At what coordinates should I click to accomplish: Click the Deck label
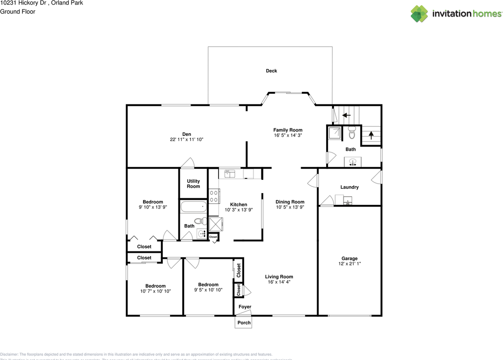click(x=271, y=71)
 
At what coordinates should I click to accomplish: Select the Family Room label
click(x=288, y=130)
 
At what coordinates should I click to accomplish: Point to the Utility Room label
click(x=193, y=184)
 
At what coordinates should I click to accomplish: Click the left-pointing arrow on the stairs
click(x=346, y=115)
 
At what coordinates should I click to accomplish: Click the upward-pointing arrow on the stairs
click(x=371, y=135)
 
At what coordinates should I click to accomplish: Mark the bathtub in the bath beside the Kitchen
click(x=193, y=206)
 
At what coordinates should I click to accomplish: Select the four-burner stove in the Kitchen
click(x=214, y=196)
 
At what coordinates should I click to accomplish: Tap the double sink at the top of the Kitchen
click(x=229, y=173)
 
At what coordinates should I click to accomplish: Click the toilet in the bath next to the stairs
click(x=352, y=134)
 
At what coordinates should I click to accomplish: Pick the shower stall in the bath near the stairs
click(x=334, y=133)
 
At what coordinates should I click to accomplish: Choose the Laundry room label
click(x=349, y=187)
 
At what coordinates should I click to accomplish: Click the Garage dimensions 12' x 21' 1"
click(x=349, y=264)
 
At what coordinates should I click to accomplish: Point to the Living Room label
click(x=279, y=277)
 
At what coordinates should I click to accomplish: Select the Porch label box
click(x=244, y=323)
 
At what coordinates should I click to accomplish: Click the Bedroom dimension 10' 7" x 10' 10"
click(x=155, y=291)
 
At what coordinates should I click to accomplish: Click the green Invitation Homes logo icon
click(x=419, y=13)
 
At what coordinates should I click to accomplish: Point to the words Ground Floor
click(x=18, y=12)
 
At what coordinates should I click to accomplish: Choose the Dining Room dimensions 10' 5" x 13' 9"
click(x=290, y=207)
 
